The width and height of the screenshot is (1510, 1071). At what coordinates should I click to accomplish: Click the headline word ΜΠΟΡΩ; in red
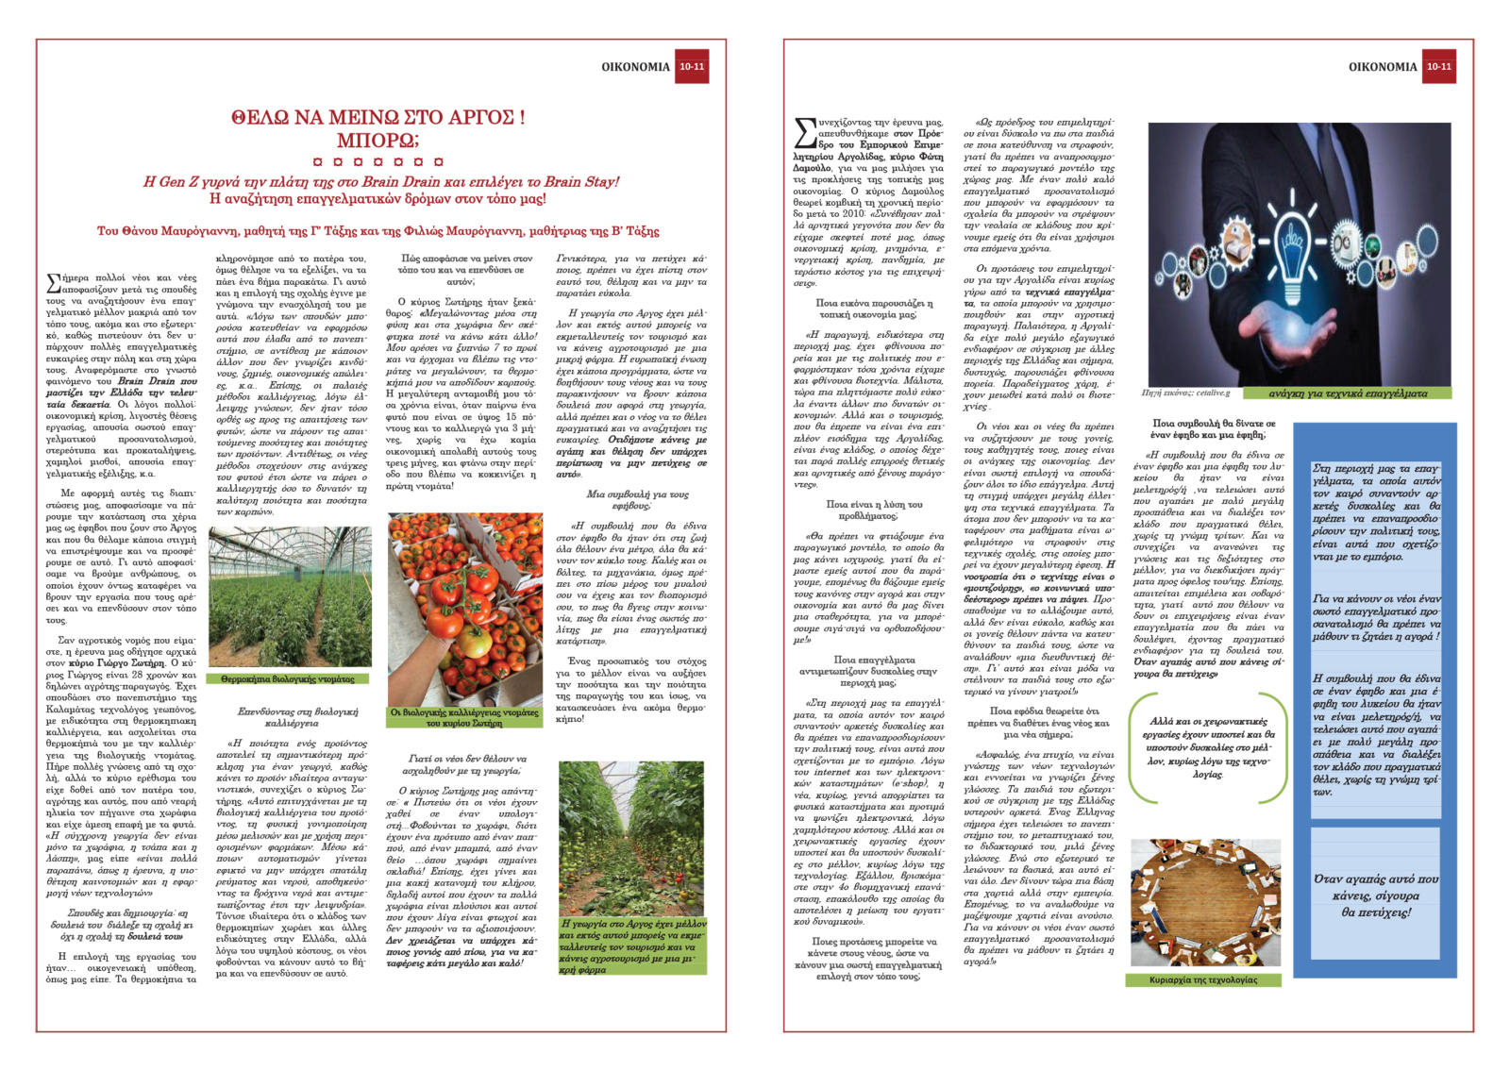[x=377, y=142]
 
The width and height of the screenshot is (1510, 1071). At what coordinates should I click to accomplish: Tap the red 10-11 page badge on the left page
[x=692, y=67]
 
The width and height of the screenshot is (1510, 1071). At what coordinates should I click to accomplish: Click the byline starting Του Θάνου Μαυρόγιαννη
[x=377, y=231]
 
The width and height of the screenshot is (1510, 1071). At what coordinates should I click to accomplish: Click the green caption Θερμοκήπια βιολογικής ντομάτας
[x=288, y=679]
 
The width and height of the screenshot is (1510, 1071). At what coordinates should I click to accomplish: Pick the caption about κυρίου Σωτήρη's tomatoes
[x=464, y=718]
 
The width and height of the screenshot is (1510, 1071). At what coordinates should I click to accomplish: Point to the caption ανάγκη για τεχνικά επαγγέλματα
[x=1347, y=393]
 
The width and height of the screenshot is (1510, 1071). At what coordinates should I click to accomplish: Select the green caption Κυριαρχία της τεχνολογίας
[x=1203, y=980]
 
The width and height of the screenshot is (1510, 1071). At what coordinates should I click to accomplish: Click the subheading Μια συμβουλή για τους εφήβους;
[x=637, y=500]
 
